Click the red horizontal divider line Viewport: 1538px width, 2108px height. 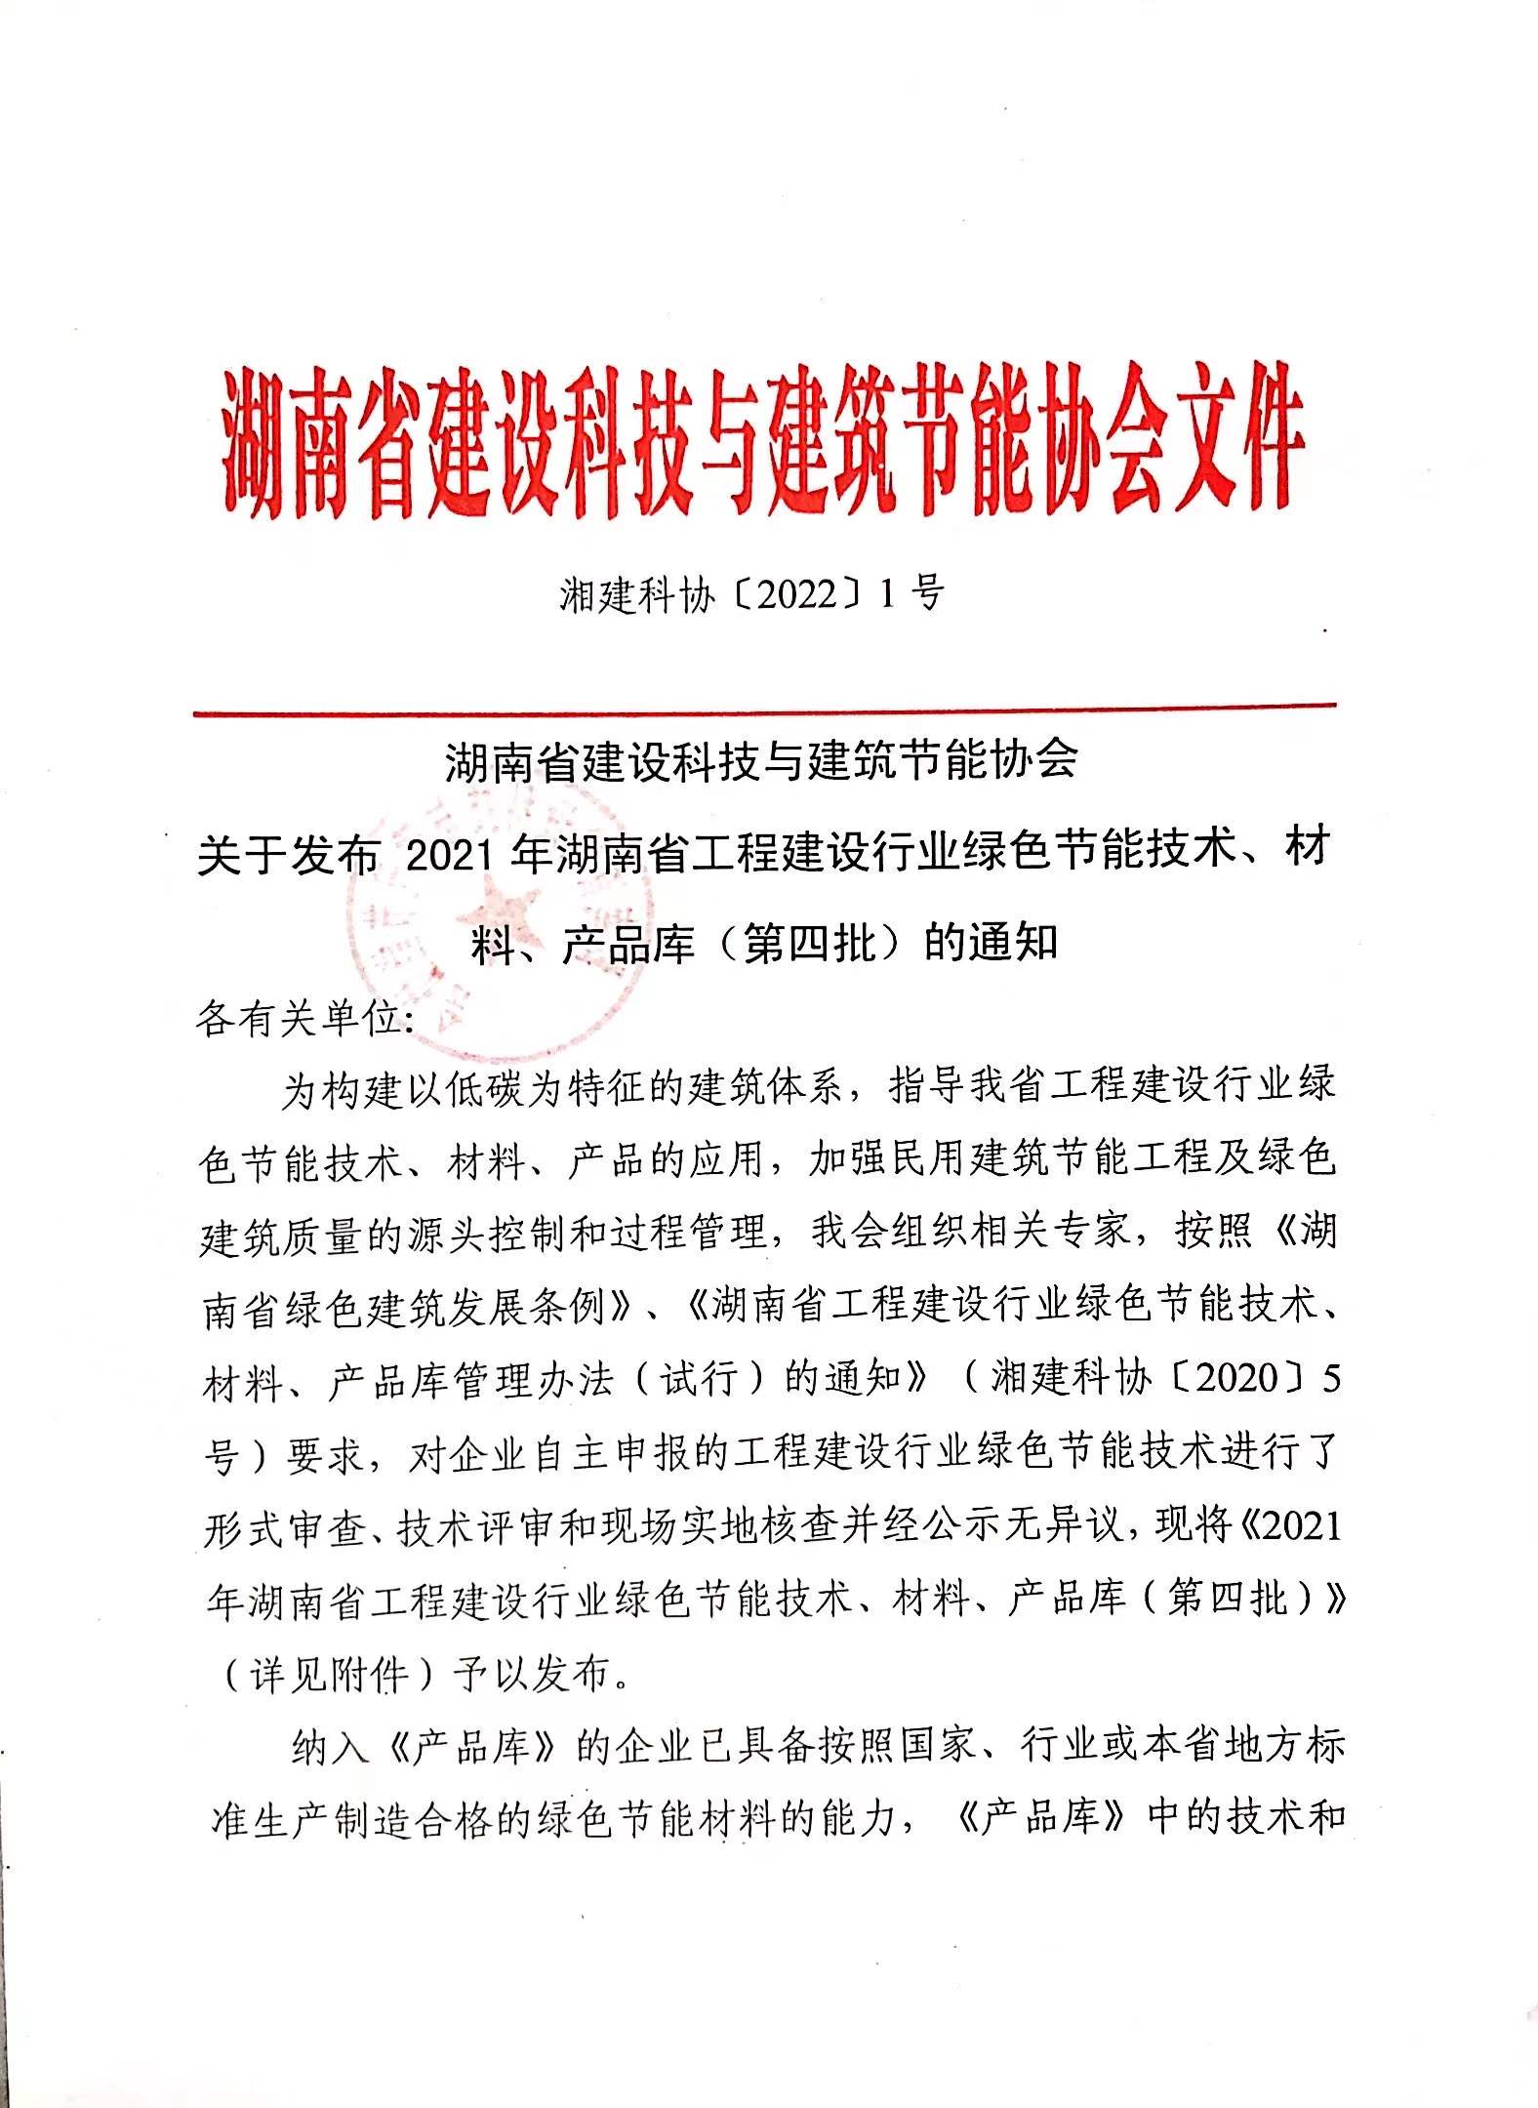click(x=764, y=709)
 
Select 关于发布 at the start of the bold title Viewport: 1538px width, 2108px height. click(x=288, y=857)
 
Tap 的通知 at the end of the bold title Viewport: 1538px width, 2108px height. click(x=992, y=943)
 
